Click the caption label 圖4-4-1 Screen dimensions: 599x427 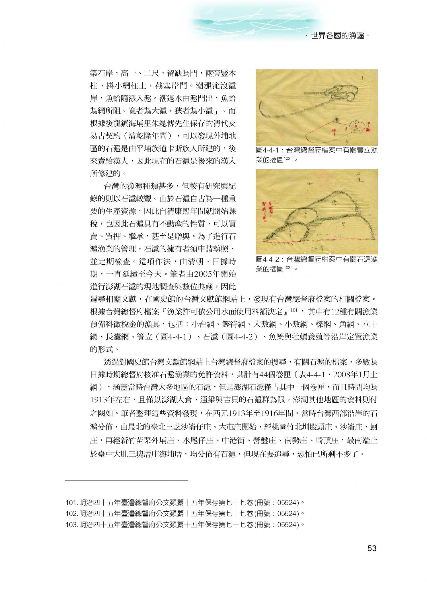tap(266, 151)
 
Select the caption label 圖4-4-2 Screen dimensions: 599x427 tap(266, 259)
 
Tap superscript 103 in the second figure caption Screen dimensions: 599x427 tap(287, 267)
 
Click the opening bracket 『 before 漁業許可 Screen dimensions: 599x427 tap(163, 312)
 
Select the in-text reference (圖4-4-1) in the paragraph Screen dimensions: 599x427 tap(177, 337)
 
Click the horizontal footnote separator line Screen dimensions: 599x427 tap(127, 481)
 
